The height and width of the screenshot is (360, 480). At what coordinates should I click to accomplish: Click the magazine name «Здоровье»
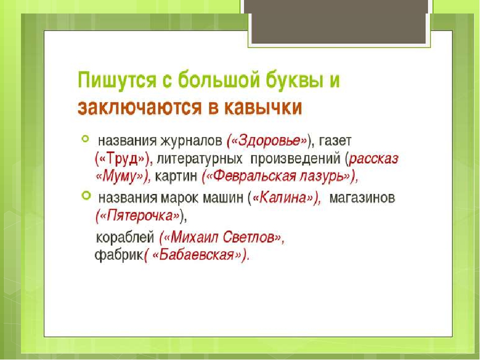[269, 141]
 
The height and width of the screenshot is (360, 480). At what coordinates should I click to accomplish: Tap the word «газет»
[335, 141]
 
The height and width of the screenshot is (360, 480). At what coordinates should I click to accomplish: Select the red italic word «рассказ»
[374, 158]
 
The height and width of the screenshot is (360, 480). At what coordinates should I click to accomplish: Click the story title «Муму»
[119, 176]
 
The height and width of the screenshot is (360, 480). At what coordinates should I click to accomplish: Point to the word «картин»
[176, 176]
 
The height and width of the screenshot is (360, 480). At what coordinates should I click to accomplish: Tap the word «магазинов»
[362, 198]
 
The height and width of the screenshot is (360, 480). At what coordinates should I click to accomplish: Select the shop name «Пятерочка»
[140, 215]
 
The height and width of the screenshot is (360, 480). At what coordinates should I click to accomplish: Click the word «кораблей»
[125, 237]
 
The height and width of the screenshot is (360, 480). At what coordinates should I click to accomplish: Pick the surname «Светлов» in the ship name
[248, 237]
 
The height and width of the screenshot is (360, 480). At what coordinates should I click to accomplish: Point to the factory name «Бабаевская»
[196, 254]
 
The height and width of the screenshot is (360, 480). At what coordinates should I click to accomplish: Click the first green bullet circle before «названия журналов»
[85, 138]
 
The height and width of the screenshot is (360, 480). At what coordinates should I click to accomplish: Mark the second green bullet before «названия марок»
[86, 195]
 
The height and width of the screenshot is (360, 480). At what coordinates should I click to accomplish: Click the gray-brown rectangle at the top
[338, 21]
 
